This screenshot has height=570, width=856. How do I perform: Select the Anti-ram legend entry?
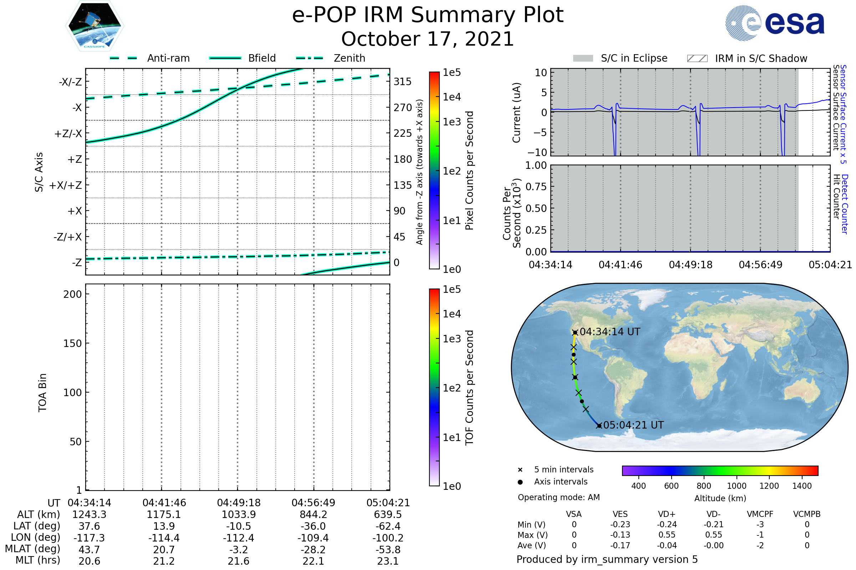click(168, 58)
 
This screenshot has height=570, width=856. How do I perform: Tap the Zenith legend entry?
click(350, 58)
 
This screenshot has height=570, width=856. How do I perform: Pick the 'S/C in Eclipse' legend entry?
click(634, 58)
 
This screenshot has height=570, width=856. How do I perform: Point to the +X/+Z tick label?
click(66, 185)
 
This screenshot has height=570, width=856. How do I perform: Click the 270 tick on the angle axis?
click(403, 108)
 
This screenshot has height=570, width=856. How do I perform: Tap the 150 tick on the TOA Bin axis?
click(72, 343)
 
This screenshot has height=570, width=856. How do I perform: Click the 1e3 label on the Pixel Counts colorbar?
click(452, 122)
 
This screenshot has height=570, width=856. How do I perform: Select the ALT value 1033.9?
click(239, 515)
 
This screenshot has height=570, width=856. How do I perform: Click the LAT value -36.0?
click(313, 527)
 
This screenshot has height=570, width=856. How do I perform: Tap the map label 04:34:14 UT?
click(610, 332)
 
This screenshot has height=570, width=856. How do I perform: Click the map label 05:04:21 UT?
click(633, 425)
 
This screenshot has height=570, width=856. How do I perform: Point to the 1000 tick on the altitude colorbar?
click(737, 486)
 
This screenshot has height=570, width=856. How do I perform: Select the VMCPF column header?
click(760, 514)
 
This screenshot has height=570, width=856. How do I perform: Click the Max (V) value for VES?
click(620, 535)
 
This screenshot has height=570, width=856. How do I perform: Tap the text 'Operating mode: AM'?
click(559, 497)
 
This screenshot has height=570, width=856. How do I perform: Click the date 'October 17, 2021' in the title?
click(428, 39)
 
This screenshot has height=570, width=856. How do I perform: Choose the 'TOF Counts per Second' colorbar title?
click(469, 388)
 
